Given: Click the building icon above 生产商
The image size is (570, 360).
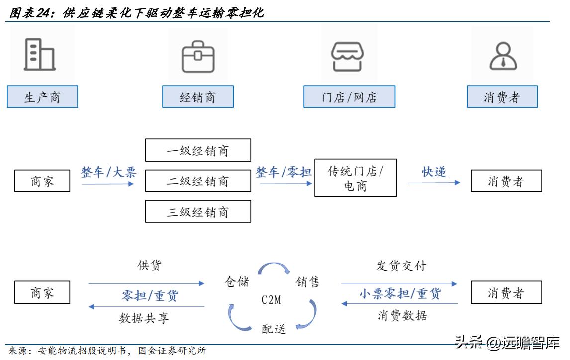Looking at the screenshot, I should (40, 54).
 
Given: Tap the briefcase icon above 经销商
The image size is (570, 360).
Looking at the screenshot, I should (197, 56).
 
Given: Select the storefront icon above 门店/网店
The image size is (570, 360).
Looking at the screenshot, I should (348, 56).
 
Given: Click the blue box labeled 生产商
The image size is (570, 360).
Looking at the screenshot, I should (42, 97).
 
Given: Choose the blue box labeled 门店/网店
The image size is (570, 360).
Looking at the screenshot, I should (349, 97).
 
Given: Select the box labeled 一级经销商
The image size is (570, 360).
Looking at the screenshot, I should (198, 150).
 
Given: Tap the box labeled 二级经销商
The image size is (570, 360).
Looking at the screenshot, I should (198, 181).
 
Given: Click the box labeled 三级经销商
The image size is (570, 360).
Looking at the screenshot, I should (198, 211).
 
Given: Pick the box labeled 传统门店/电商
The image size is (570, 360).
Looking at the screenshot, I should (356, 179).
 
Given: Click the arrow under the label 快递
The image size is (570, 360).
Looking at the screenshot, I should (434, 183).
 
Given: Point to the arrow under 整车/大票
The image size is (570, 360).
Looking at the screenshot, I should (108, 184).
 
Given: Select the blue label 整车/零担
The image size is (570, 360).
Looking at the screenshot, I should (284, 172).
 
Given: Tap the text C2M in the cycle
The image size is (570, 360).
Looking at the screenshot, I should (271, 300).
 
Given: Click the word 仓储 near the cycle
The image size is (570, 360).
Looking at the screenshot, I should (237, 282).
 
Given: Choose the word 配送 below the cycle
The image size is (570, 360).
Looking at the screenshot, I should (274, 328).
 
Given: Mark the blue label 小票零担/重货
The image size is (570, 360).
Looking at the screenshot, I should (399, 294).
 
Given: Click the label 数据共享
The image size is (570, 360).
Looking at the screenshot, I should (144, 318).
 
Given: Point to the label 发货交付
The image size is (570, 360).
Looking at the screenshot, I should (401, 266).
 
